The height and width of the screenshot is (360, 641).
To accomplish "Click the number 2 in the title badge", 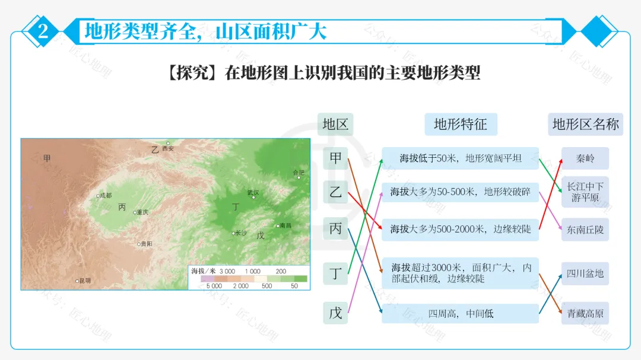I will click(x=43, y=31).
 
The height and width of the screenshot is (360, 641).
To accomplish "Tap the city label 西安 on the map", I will click(x=169, y=148).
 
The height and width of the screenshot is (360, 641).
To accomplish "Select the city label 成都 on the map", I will click(x=106, y=195).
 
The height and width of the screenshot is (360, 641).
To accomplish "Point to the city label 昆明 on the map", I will click(x=85, y=281).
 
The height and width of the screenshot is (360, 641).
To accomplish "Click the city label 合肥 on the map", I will click(x=299, y=173).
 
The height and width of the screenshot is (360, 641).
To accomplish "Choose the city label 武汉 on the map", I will click(x=253, y=192).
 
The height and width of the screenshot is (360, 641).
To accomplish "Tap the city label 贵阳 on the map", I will click(x=146, y=244).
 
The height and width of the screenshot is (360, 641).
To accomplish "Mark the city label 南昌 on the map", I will click(x=285, y=225).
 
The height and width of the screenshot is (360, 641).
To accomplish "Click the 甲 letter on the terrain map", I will click(x=47, y=158).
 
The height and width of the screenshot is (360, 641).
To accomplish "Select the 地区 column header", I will click(x=335, y=124).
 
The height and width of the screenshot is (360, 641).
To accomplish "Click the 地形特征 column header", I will click(x=461, y=124).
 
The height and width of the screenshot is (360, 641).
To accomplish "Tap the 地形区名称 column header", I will click(x=585, y=124).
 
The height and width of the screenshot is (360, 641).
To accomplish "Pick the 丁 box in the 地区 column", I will click(x=335, y=273).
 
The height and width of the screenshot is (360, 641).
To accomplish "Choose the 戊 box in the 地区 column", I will click(x=335, y=313).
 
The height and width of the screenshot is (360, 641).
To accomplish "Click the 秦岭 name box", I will click(x=585, y=158).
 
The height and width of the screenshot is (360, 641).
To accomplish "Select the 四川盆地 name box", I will click(x=585, y=273).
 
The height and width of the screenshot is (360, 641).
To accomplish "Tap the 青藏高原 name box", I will click(x=585, y=313).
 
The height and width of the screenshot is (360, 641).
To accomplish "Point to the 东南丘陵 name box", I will click(x=585, y=230).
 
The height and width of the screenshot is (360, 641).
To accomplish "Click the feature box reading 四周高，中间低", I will click(x=461, y=313).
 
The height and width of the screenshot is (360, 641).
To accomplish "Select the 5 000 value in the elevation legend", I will click(x=214, y=286).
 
